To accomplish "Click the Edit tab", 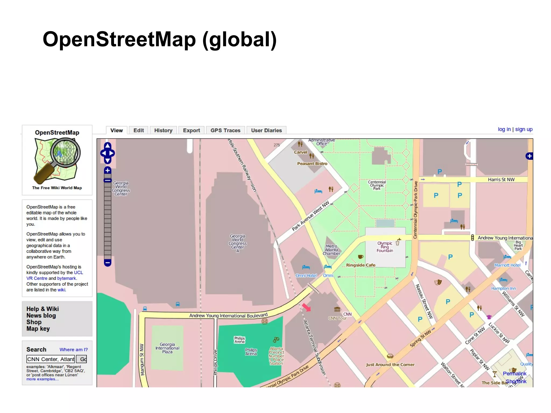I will (x=139, y=130).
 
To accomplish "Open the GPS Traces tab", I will (x=225, y=130).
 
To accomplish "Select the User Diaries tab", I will (x=266, y=130).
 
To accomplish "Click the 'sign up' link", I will (x=524, y=129).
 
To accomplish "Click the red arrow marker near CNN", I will (x=306, y=307).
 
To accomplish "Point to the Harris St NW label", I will (x=501, y=179).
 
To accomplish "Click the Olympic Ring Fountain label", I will (x=384, y=247).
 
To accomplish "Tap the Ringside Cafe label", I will (x=361, y=265).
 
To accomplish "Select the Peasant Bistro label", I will (x=312, y=164).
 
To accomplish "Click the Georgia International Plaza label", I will (x=167, y=348).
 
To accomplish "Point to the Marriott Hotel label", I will (x=507, y=265).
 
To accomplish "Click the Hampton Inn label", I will (x=503, y=288).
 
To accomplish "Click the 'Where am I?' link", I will (x=73, y=350).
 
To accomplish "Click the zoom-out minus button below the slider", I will (x=108, y=263).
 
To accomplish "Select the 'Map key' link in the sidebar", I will (x=38, y=329).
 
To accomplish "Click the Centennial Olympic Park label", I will (x=377, y=185).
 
